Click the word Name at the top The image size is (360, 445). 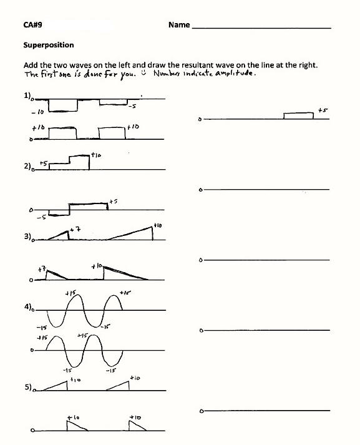178,25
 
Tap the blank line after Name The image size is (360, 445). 262,28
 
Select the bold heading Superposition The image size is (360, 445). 49,45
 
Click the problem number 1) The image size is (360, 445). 27,95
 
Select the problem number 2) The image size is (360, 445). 27,167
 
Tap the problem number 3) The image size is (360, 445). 27,237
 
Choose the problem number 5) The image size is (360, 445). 27,387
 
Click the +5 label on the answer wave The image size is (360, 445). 323,110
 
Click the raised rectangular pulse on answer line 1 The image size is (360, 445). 298,115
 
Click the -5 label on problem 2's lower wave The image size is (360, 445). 40,218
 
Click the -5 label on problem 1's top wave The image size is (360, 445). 132,107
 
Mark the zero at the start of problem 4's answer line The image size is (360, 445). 200,330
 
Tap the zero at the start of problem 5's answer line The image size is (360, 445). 200,411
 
